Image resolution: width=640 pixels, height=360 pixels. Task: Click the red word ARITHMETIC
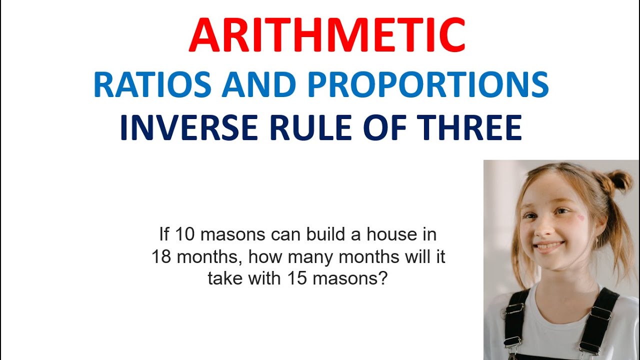point(327,35)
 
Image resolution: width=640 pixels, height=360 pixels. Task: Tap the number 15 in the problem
point(296,278)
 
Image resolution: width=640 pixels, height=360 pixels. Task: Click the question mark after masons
point(383,278)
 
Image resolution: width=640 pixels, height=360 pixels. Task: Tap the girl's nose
point(546,229)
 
